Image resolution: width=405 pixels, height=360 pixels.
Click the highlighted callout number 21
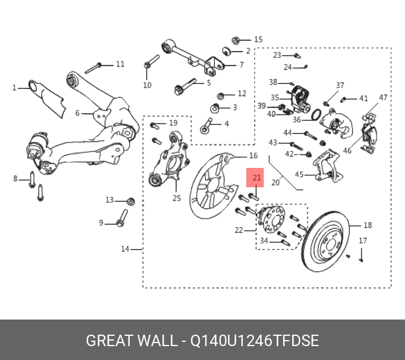257,178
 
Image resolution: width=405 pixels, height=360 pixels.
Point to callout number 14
125,249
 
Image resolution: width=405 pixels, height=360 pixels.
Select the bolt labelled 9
121,219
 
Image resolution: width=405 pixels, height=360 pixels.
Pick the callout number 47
383,97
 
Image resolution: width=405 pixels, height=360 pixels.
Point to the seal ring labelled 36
315,114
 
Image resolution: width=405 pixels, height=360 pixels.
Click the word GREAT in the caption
110,341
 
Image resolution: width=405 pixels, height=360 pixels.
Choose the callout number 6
77,113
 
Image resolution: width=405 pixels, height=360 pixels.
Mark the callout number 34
263,241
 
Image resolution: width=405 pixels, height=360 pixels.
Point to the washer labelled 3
215,109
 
